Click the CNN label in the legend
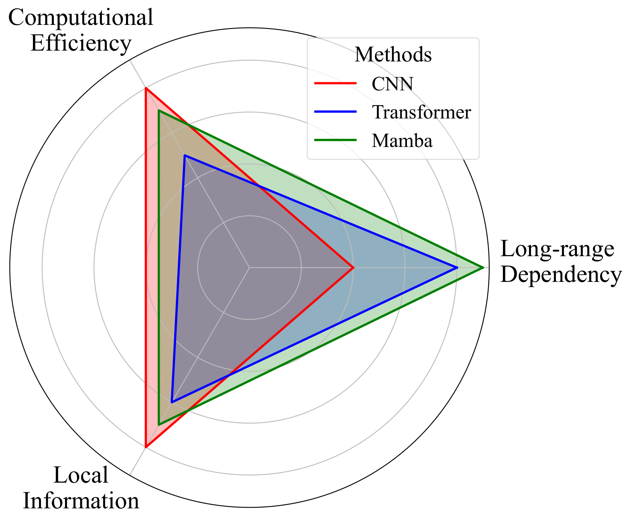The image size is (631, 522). coord(392,84)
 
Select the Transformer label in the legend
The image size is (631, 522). coord(421,112)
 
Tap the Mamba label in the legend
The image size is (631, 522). coord(402,141)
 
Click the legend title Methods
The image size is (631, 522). coord(393,55)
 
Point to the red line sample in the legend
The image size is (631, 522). coord(335,84)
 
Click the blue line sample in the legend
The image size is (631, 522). coord(335,112)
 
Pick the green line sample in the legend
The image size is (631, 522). coord(335,140)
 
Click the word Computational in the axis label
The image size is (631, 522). coord(81,18)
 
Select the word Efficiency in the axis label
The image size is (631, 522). coord(81,43)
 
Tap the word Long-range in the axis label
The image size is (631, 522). coord(557,249)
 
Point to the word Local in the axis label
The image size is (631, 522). coord(81,475)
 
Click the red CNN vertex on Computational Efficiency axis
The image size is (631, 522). coord(146,88)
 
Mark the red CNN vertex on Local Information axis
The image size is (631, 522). coord(146,447)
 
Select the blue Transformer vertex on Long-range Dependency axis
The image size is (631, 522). coord(457,267)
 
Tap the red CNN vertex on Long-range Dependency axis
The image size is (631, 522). coord(353,267)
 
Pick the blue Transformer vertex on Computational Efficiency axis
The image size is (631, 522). coord(185,155)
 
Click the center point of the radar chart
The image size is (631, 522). coord(249,267)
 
